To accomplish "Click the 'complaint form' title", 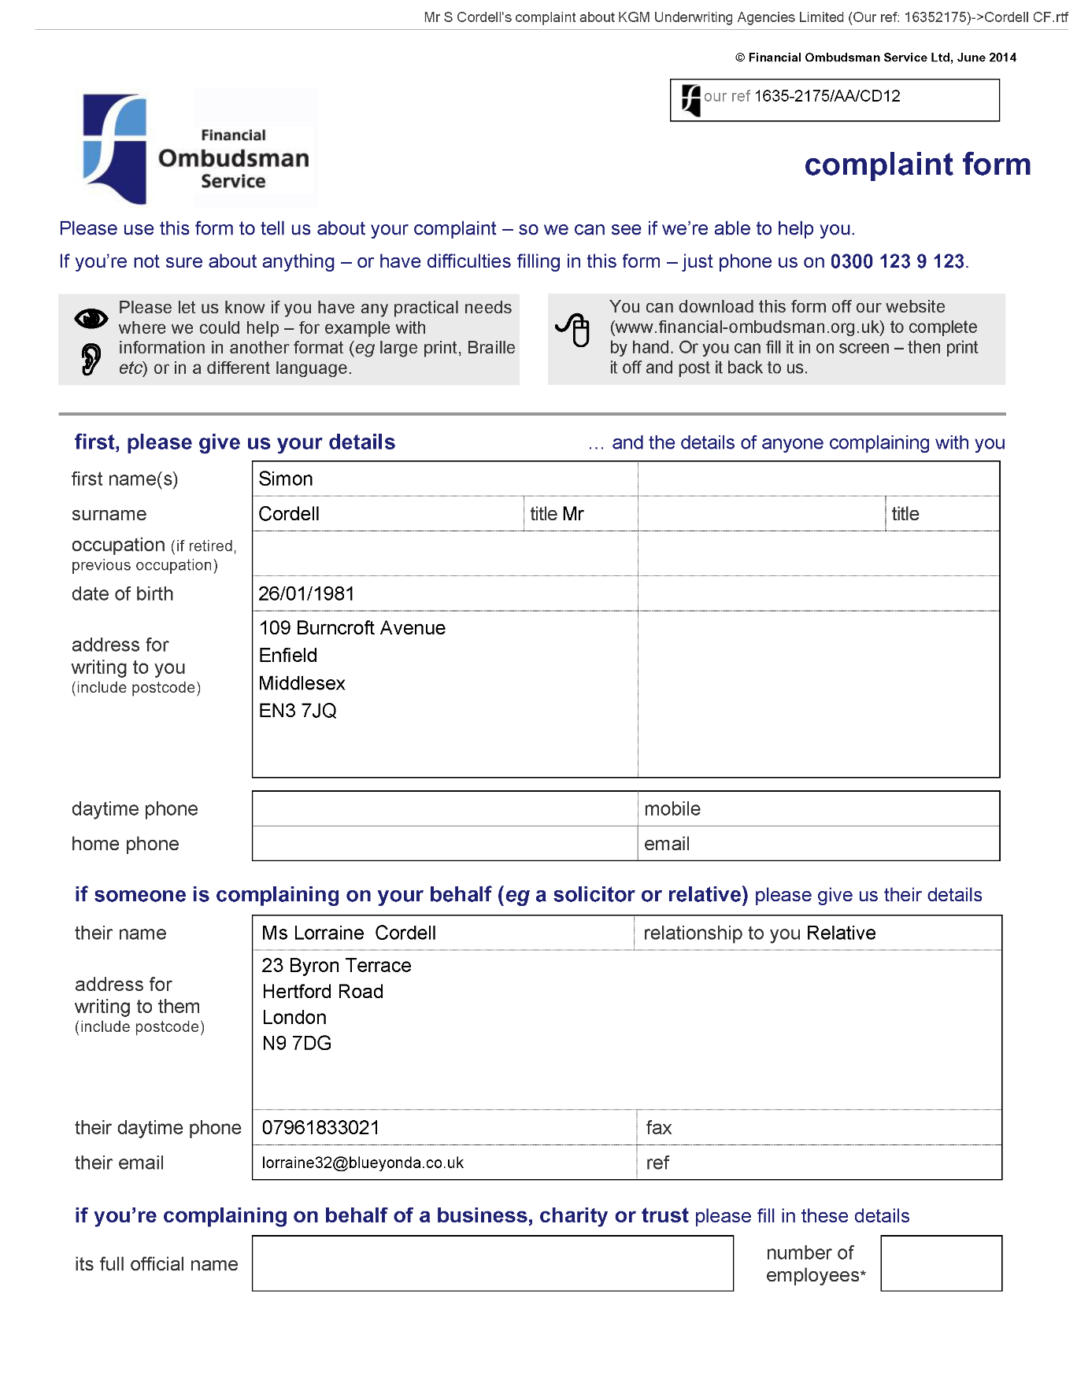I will tap(917, 165).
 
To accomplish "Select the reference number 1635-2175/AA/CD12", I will tap(827, 97).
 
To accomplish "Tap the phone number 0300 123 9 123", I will tap(897, 261).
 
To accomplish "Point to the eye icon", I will tap(91, 318).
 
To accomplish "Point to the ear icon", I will tap(91, 359).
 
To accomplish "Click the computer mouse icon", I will tap(574, 329).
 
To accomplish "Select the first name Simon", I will tap(286, 479).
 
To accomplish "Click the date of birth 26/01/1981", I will tap(306, 594).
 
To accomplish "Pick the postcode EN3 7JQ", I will tap(298, 711).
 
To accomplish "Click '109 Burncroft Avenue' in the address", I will tap(352, 628).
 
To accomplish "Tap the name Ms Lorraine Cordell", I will tap(349, 934).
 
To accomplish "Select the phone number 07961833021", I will tap(320, 1128).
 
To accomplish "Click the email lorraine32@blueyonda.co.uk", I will tap(363, 1163).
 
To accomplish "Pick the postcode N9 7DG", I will tap(297, 1044).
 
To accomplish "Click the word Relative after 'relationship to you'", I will tap(841, 934).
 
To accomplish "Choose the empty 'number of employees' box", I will tap(941, 1263).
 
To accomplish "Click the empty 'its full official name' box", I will tap(492, 1263).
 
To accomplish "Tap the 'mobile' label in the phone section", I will tap(672, 809).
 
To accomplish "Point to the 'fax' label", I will tap(659, 1128).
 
